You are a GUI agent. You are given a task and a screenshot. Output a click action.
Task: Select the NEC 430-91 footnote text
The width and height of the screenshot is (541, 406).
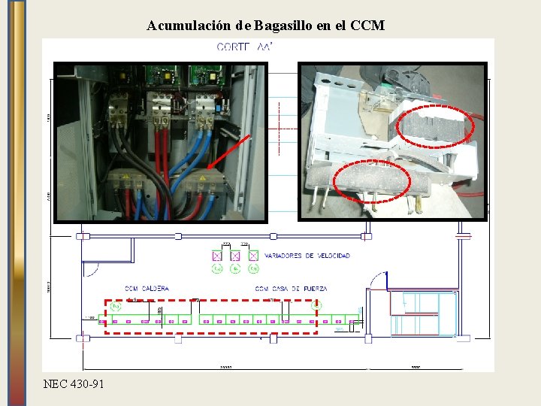point(74,384)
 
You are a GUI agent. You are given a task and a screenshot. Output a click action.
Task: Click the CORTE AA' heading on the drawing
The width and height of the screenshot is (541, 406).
point(244,47)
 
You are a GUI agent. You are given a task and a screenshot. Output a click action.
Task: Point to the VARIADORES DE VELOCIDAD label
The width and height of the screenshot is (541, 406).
point(307,256)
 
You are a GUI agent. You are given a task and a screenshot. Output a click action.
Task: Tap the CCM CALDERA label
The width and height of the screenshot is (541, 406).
point(147,289)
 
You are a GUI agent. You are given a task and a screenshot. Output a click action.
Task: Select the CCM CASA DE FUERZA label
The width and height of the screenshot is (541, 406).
point(291,289)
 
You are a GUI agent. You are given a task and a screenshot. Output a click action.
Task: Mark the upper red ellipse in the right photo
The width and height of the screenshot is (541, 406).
point(435,126)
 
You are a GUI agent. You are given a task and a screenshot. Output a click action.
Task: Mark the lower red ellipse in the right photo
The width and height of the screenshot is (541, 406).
point(373,183)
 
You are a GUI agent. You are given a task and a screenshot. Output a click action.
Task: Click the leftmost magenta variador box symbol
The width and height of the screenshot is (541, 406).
point(216,256)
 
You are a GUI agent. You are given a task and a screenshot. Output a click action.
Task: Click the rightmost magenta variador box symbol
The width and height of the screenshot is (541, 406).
point(253,256)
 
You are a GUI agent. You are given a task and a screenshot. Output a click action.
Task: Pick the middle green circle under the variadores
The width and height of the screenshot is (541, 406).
point(235,268)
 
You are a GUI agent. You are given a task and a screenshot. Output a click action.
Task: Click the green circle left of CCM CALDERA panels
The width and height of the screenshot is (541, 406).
point(115,306)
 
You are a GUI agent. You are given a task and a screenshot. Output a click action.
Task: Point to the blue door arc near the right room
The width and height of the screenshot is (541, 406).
point(375,280)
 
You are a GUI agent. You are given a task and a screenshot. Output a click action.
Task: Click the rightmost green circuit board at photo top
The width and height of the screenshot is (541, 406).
point(205,74)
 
